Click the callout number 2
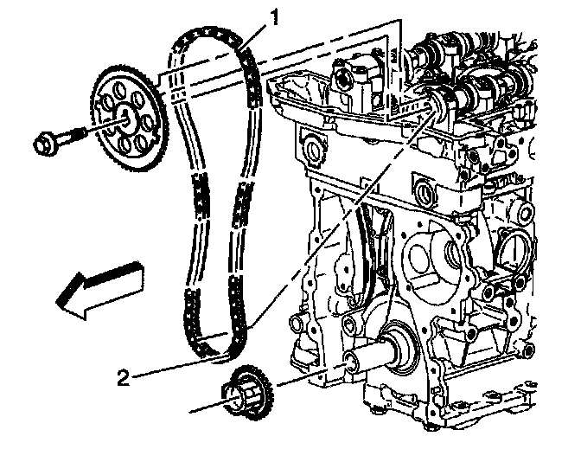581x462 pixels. coord(124,377)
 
